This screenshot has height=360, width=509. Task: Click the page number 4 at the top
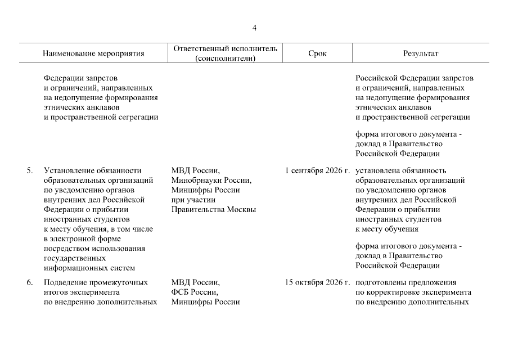(x=254, y=28)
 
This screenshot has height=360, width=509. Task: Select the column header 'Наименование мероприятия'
(x=93, y=54)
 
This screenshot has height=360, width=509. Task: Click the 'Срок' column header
(x=317, y=54)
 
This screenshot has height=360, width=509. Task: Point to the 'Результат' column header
(x=420, y=54)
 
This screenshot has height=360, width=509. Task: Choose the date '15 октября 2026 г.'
(x=317, y=283)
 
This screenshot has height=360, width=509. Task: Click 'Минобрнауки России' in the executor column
(x=211, y=181)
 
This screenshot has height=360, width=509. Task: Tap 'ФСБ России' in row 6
(x=194, y=292)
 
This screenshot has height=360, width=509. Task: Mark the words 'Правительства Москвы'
(x=213, y=209)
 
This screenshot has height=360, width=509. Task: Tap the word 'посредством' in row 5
(x=66, y=248)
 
